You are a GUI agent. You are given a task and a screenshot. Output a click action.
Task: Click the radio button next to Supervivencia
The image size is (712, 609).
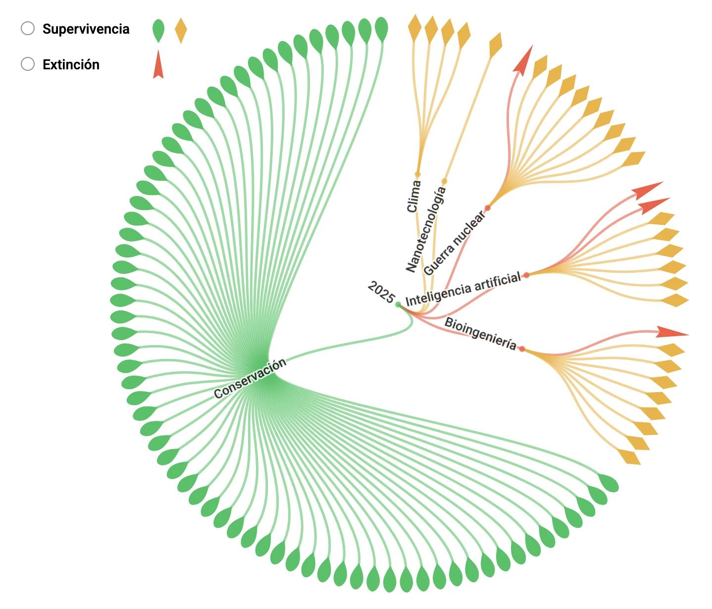pyautogui.click(x=28, y=29)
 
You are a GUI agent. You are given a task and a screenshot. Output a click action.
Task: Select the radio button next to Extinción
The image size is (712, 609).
pyautogui.click(x=28, y=64)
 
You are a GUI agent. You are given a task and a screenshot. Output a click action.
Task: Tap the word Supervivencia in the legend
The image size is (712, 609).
pyautogui.click(x=86, y=29)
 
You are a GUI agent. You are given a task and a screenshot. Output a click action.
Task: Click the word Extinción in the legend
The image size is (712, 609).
pyautogui.click(x=71, y=65)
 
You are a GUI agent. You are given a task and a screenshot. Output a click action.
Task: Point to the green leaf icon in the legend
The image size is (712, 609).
pyautogui.click(x=158, y=31)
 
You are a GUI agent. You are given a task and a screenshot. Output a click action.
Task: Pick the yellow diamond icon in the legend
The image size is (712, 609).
pyautogui.click(x=181, y=30)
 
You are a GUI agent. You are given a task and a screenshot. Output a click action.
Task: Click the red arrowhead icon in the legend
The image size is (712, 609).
pyautogui.click(x=158, y=64)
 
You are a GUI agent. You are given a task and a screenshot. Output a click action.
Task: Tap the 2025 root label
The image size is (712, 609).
pyautogui.click(x=381, y=292)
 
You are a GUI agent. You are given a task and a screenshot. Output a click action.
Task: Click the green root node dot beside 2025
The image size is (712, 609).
pyautogui.click(x=398, y=304)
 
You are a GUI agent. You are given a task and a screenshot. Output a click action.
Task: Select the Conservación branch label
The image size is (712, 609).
pyautogui.click(x=250, y=378)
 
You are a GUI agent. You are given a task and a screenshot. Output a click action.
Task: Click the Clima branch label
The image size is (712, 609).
pyautogui.click(x=414, y=197)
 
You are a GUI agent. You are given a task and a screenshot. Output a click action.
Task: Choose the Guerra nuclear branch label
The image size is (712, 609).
pyautogui.click(x=454, y=243)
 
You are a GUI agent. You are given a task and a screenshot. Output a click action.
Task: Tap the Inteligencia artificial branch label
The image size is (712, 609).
pyautogui.click(x=463, y=289)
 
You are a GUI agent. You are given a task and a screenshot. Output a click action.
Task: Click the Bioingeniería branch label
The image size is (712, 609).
pyautogui.click(x=480, y=333)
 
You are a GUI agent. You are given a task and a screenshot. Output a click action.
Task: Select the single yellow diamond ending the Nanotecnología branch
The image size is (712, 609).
pyautogui.click(x=495, y=45)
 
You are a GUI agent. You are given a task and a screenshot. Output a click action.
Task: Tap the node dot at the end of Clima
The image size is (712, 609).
pyautogui.click(x=417, y=174)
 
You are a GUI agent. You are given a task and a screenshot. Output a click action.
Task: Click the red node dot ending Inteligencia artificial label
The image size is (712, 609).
pyautogui.click(x=526, y=275)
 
